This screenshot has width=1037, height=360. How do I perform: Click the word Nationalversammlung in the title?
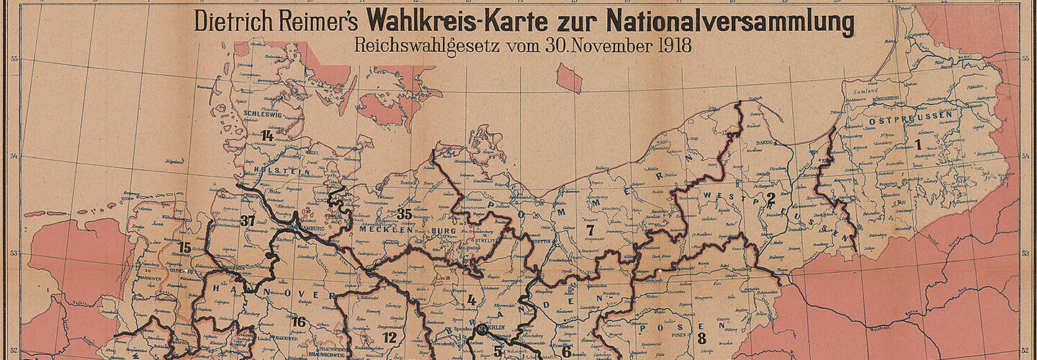(730, 22)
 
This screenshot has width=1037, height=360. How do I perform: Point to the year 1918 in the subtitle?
(674, 45)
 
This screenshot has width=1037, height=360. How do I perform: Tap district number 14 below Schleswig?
(267, 135)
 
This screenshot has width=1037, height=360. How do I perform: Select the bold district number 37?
(249, 220)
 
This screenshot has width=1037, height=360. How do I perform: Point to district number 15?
(184, 248)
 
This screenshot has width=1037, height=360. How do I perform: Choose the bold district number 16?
(299, 322)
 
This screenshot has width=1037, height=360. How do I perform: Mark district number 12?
(390, 337)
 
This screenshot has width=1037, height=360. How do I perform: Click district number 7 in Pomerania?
(591, 230)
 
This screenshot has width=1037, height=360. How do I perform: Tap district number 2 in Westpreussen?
(771, 197)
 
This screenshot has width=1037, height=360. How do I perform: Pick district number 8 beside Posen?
(701, 336)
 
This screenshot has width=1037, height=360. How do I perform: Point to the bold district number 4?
(472, 300)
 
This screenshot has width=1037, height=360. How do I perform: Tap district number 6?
(567, 351)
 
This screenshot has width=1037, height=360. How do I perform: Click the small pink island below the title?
(569, 78)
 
